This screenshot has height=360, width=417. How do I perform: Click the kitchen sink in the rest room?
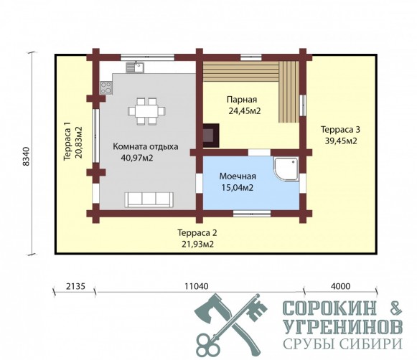(135, 67)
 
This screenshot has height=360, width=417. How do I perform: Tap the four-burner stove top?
(106, 87)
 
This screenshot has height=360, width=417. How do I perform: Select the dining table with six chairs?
(146, 111)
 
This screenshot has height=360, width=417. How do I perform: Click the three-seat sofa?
(149, 199)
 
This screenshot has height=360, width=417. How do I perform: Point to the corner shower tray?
(286, 169)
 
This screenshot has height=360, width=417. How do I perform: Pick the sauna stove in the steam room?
(211, 136)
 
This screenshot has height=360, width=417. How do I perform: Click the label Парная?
(242, 100)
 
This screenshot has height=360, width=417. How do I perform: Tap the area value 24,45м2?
(245, 111)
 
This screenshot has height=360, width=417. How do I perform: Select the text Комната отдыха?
(146, 147)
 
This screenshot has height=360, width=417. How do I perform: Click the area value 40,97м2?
(137, 158)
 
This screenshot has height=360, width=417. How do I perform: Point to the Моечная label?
(238, 176)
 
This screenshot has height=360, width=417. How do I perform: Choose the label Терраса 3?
(340, 130)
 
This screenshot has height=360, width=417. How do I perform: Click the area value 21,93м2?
(197, 244)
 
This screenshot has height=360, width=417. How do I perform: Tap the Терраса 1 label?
(67, 141)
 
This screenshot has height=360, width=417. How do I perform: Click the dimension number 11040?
(197, 286)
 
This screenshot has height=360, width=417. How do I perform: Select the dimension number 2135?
(75, 286)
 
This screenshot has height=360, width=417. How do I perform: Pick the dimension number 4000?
(341, 286)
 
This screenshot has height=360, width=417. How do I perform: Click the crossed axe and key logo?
(230, 326)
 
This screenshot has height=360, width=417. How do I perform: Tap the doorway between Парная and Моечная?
(259, 153)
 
